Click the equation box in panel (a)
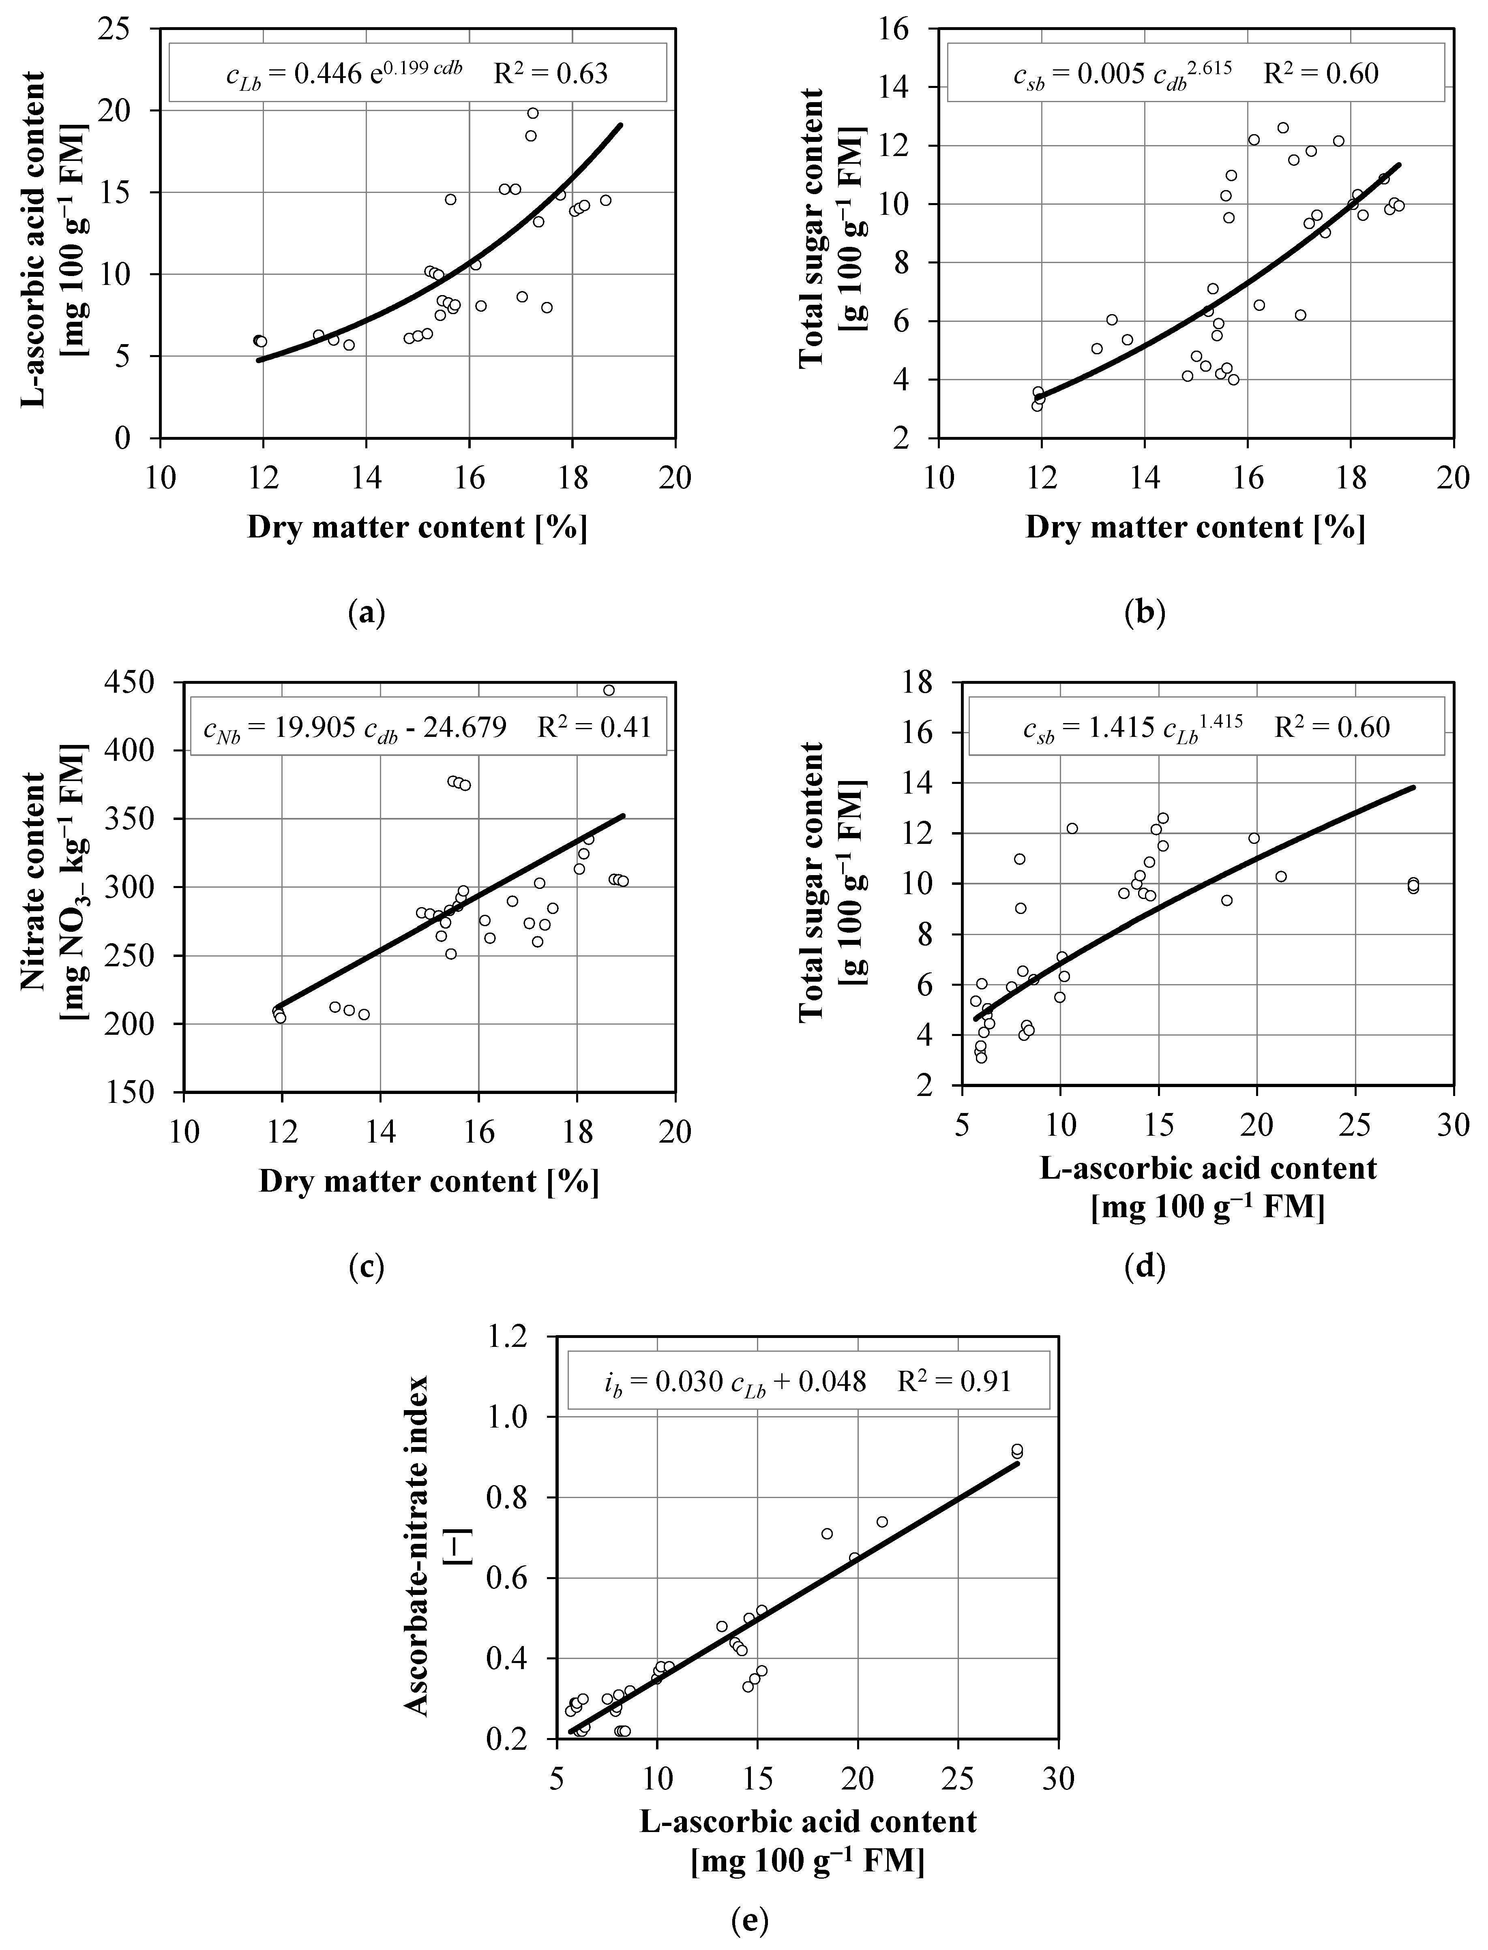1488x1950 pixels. [417, 73]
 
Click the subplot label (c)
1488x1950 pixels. [367, 1267]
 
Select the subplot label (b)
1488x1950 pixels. [1144, 613]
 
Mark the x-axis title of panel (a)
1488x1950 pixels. [417, 528]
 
